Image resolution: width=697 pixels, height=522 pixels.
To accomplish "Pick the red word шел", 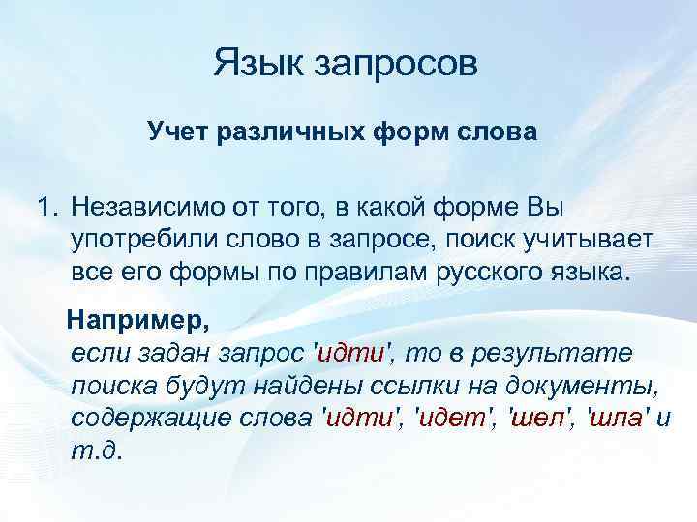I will (534, 419).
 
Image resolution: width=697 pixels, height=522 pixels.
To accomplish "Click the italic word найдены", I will (314, 387).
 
